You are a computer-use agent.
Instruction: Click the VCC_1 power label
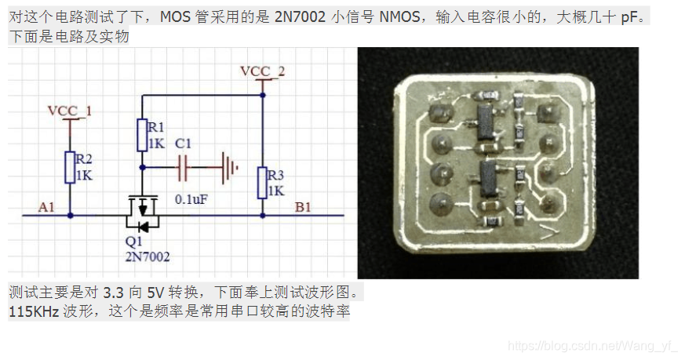(x=70, y=111)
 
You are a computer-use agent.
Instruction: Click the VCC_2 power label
(x=262, y=71)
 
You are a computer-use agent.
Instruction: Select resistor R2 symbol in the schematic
(x=70, y=167)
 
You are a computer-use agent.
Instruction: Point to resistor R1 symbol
(x=142, y=135)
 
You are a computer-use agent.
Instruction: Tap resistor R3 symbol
(x=261, y=183)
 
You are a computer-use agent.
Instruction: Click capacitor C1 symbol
(x=185, y=166)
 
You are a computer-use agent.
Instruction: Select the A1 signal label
(x=46, y=207)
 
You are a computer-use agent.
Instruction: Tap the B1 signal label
(x=303, y=207)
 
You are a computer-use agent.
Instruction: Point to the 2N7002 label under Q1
(x=147, y=256)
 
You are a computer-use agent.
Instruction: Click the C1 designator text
(x=183, y=144)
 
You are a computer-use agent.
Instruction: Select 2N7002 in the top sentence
(x=300, y=17)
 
